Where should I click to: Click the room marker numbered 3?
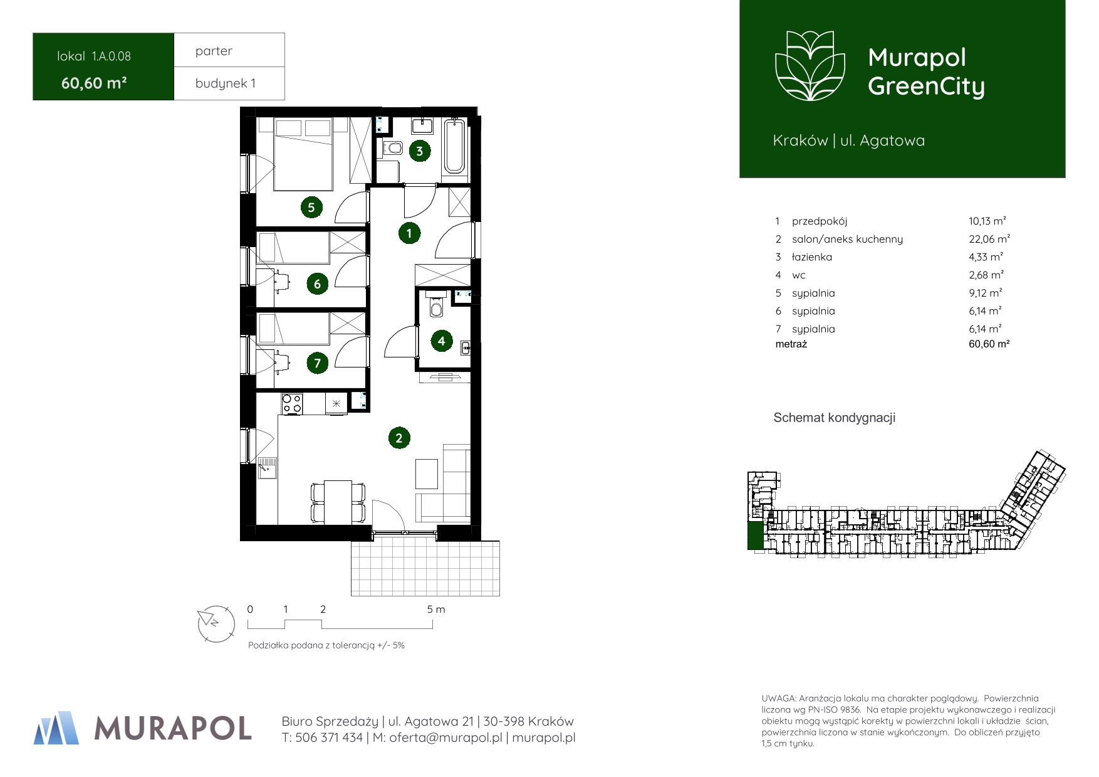coord(419,151)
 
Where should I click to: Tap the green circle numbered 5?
coord(311,207)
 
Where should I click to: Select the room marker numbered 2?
coord(399,438)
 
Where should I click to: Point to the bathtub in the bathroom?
coord(454,146)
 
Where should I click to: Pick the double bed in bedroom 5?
coord(303,155)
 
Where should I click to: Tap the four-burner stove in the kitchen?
coord(291,403)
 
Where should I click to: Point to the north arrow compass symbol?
coord(216,623)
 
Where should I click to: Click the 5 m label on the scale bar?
coord(436,610)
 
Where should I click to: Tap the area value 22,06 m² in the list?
coord(989,239)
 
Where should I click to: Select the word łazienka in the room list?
coord(812,257)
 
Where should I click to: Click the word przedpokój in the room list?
coord(820,221)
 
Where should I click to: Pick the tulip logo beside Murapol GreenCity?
coord(810,65)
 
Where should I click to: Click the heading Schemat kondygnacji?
coord(835,418)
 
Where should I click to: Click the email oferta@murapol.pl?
coord(445,738)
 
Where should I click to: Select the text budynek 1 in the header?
coord(226,83)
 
